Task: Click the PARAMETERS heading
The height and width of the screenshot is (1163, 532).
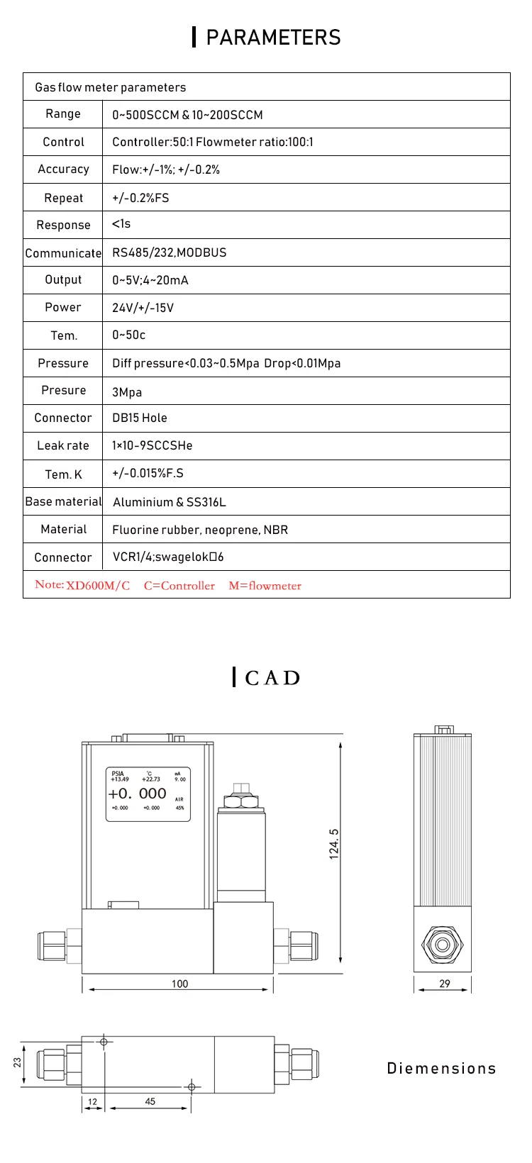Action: [273, 38]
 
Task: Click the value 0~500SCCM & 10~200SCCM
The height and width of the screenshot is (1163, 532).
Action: [187, 115]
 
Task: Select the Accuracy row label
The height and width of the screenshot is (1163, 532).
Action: [63, 169]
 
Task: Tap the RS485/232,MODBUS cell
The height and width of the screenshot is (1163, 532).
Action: [169, 252]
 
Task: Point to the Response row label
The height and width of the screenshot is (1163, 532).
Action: [63, 226]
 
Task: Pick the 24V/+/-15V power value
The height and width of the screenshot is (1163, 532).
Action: [143, 308]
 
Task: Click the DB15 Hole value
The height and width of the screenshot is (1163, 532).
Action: [140, 418]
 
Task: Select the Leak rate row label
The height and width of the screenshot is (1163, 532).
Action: [63, 445]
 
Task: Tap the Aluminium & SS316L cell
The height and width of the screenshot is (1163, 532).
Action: [169, 502]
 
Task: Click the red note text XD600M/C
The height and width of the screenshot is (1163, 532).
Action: [98, 586]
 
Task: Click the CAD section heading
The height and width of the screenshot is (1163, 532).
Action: [272, 678]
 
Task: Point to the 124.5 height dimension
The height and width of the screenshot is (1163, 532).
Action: [334, 844]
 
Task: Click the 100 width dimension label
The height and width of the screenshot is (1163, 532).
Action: [180, 984]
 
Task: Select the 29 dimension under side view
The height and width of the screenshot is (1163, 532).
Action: [445, 984]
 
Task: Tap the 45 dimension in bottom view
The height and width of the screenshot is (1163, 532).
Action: [150, 1101]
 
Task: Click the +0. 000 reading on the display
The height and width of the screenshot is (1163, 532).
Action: [138, 794]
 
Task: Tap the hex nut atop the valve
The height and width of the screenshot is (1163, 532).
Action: [241, 801]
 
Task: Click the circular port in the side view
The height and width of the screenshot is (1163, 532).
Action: [443, 945]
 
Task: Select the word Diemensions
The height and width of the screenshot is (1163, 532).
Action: [441, 1069]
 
